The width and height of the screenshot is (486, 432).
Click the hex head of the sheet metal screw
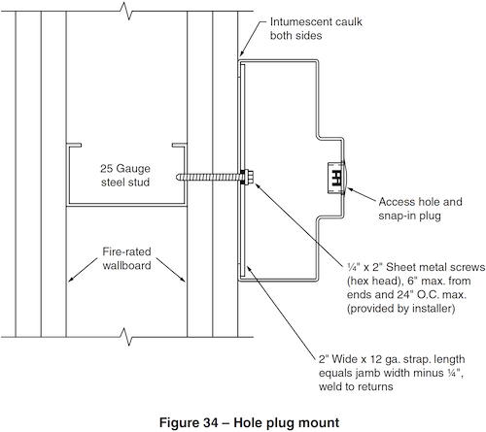click(x=248, y=178)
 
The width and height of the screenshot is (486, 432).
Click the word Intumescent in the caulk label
click(x=296, y=21)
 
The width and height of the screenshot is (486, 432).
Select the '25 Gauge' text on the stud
click(x=125, y=168)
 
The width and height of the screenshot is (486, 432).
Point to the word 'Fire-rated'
click(x=126, y=251)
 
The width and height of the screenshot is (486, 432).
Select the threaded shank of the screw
click(x=210, y=177)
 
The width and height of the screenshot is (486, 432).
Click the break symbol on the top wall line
click(x=127, y=12)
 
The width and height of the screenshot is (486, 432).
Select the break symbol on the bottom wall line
click(x=127, y=337)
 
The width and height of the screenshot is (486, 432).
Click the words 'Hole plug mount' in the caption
click(x=287, y=423)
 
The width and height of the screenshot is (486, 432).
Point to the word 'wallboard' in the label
click(x=126, y=265)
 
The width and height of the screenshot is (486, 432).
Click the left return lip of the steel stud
click(x=74, y=145)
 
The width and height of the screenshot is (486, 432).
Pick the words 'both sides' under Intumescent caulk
click(x=295, y=35)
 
